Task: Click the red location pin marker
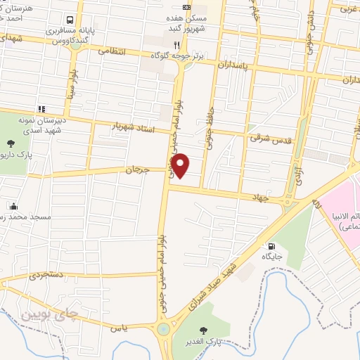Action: click(181, 165)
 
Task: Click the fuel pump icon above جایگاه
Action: click(271, 246)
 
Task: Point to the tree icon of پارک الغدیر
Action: click(204, 330)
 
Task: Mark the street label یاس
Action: click(117, 328)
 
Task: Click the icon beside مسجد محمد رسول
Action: click(13, 206)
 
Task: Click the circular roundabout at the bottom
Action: click(163, 328)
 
